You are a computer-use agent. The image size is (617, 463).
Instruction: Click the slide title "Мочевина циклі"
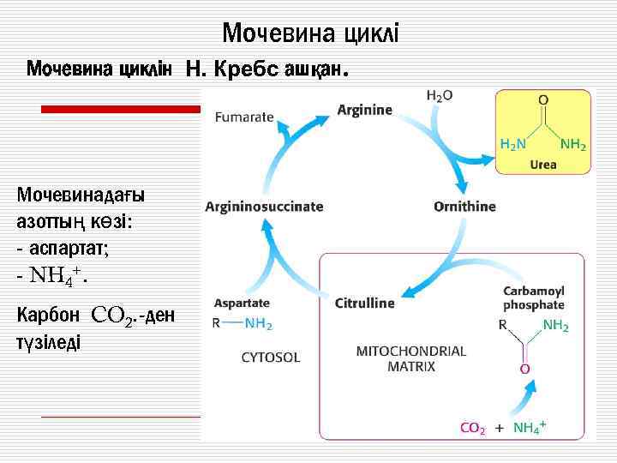(x=310, y=33)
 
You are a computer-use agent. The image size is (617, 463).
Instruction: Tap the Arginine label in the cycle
(x=365, y=110)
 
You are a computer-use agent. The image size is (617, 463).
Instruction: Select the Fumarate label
(x=244, y=117)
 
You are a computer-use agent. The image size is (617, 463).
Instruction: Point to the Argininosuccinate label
(x=264, y=207)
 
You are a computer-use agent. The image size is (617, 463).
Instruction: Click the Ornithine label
(x=464, y=207)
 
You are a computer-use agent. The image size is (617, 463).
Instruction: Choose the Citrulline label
(x=365, y=303)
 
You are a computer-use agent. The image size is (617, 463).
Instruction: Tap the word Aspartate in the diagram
(x=242, y=303)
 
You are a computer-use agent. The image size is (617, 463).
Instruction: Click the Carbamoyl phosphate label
(x=533, y=298)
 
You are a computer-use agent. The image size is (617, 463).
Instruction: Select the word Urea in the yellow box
(x=543, y=164)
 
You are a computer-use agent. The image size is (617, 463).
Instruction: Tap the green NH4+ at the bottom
(x=530, y=426)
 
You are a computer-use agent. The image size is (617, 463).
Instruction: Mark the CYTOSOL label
(x=271, y=357)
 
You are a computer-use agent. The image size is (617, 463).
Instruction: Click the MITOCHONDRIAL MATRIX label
(x=410, y=358)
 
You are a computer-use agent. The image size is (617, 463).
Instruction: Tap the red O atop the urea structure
(x=543, y=100)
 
